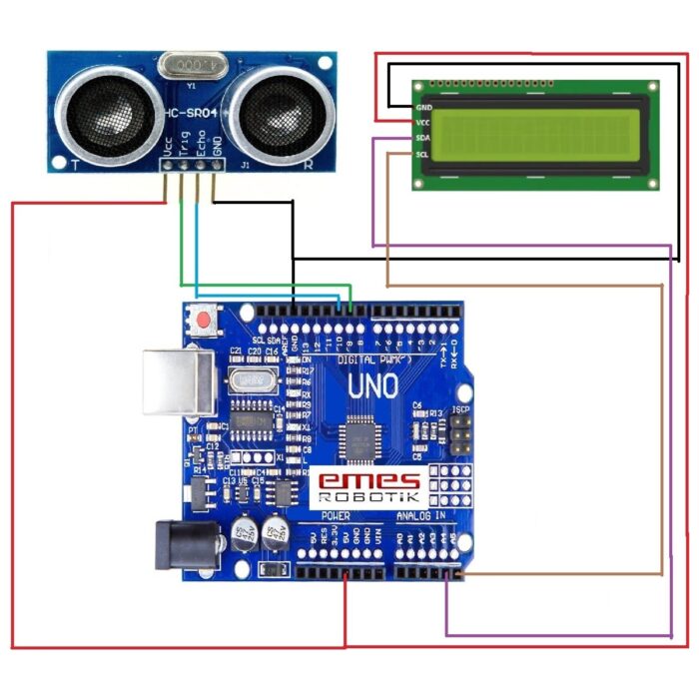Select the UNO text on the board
tap(372, 384)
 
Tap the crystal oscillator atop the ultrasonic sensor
tap(191, 64)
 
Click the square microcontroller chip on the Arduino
tap(359, 437)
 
